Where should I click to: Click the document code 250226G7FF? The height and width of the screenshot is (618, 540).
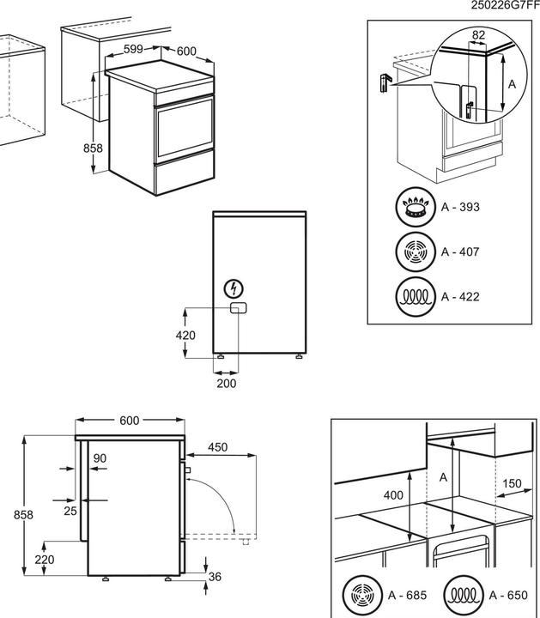click(505, 6)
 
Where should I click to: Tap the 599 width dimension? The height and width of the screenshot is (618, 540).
click(132, 49)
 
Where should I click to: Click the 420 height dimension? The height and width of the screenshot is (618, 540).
click(185, 335)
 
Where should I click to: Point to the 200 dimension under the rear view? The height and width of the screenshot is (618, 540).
click(226, 384)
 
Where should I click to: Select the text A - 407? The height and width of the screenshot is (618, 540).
click(460, 252)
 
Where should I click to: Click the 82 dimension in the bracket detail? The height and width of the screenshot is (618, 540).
click(479, 35)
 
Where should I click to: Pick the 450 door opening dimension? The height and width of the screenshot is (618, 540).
click(217, 446)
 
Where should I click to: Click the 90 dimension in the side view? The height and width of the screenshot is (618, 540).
click(100, 459)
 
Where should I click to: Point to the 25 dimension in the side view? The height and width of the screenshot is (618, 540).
click(70, 511)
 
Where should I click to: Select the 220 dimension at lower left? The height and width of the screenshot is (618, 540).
click(45, 560)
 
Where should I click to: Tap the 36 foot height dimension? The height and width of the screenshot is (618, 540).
click(215, 577)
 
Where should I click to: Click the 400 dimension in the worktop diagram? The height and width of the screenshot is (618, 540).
click(393, 495)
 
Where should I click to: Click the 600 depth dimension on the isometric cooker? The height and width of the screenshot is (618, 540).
click(187, 51)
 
